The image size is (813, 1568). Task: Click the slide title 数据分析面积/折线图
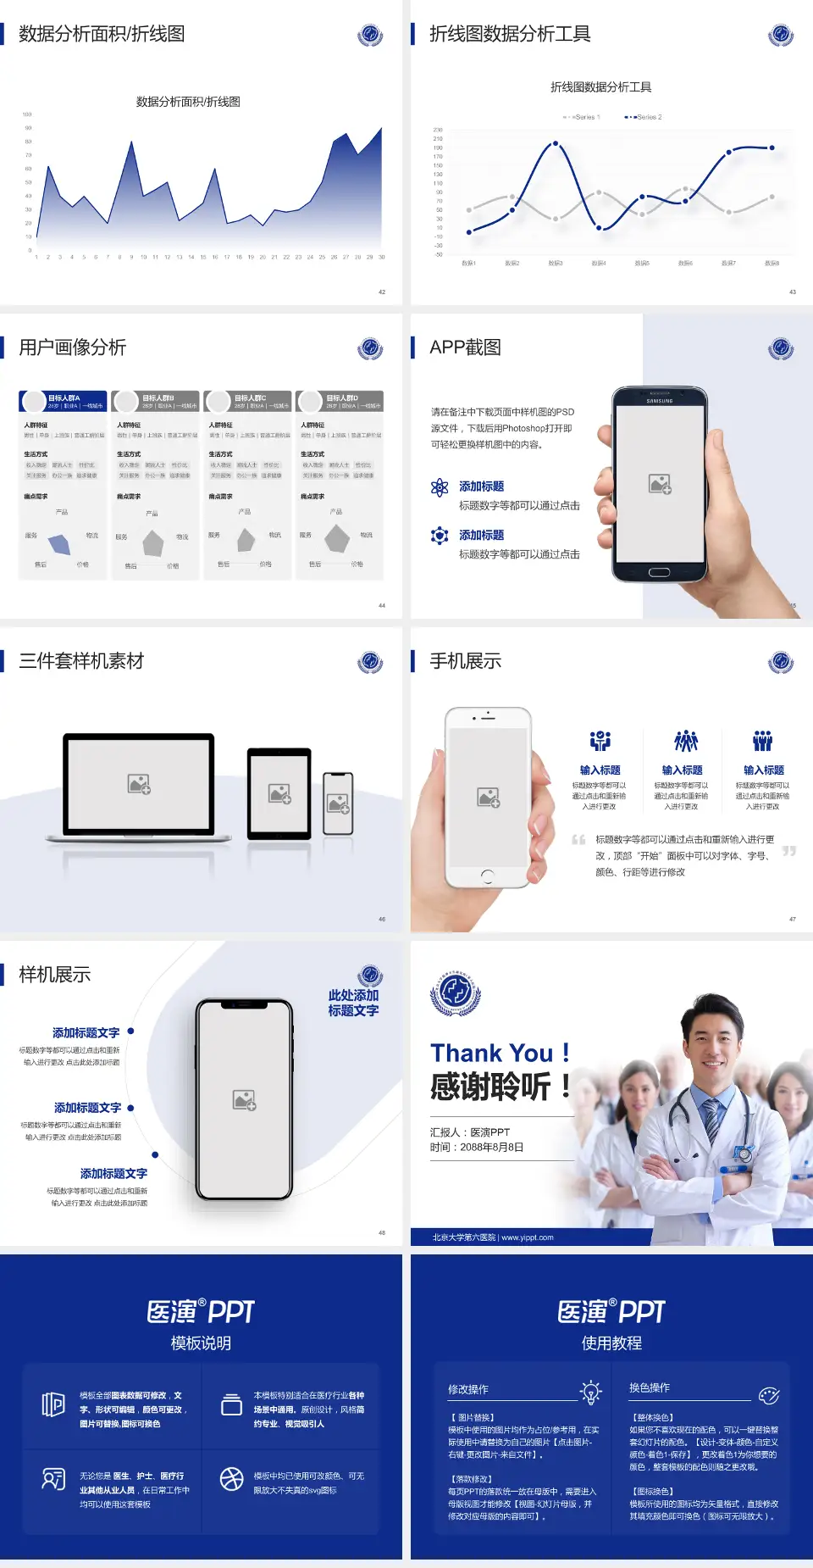click(102, 34)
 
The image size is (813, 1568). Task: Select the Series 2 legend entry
click(645, 117)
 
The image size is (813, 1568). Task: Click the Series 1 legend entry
click(583, 117)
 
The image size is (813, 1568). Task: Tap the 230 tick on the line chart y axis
click(438, 130)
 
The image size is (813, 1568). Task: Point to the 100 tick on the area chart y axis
click(27, 114)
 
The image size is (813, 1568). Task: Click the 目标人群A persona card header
click(64, 401)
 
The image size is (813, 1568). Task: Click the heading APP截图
click(465, 348)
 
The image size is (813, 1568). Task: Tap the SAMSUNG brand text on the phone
click(660, 401)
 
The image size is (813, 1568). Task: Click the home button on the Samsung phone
click(660, 572)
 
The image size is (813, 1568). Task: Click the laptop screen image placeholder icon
click(139, 784)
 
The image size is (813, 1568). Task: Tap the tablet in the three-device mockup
click(279, 794)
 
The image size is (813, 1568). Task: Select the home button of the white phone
click(487, 875)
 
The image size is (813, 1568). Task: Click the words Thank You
click(491, 1054)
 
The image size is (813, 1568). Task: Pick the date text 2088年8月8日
click(492, 1148)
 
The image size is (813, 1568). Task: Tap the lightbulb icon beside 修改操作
click(590, 1391)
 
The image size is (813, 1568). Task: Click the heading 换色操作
click(650, 1387)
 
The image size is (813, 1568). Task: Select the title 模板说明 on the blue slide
click(201, 1343)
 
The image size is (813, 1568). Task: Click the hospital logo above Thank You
click(456, 992)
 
